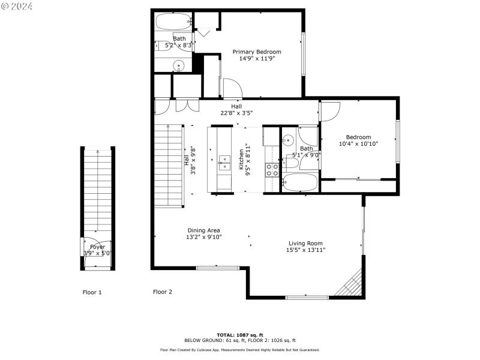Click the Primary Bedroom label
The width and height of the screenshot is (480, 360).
pyautogui.click(x=257, y=52)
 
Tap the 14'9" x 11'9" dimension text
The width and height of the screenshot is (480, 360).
pyautogui.click(x=257, y=59)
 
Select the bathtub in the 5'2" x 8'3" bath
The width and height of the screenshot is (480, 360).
pyautogui.click(x=173, y=23)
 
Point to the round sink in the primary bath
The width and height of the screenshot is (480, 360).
pyautogui.click(x=179, y=65)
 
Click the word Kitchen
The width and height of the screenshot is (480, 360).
pyautogui.click(x=242, y=160)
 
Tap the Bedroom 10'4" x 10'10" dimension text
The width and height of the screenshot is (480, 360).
pyautogui.click(x=358, y=143)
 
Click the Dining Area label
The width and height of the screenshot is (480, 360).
pyautogui.click(x=204, y=230)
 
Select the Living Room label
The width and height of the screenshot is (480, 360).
pyautogui.click(x=306, y=243)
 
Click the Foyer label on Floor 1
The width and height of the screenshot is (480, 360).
pyautogui.click(x=97, y=247)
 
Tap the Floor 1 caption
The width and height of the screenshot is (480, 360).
pyautogui.click(x=92, y=292)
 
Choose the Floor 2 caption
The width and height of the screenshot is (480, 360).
pyautogui.click(x=163, y=292)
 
